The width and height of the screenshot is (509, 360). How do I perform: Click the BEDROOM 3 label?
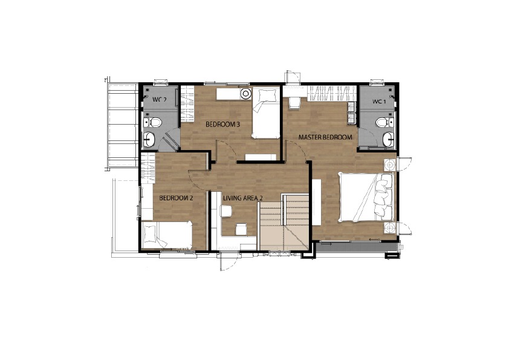(220, 124)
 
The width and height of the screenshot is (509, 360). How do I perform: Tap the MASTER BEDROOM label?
(325, 137)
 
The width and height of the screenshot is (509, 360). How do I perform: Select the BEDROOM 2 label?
(177, 198)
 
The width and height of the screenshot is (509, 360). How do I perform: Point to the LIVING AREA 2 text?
(243, 198)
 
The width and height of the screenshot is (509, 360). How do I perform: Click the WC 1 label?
(379, 102)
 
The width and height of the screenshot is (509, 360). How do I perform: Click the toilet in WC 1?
(384, 122)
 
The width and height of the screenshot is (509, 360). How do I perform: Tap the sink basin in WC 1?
(388, 140)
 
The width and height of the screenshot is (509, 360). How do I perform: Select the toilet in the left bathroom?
(153, 122)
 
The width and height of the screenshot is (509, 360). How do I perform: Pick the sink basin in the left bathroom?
(149, 140)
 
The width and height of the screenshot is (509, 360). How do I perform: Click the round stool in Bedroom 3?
(246, 94)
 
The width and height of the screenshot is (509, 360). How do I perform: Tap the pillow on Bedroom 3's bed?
(266, 96)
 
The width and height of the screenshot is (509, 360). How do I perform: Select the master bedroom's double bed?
(366, 197)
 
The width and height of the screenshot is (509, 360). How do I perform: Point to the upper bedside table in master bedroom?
(389, 165)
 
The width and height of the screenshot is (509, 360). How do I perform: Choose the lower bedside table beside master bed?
(389, 228)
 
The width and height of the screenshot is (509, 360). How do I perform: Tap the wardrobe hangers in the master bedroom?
(331, 93)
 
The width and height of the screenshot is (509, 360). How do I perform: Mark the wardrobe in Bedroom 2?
(148, 169)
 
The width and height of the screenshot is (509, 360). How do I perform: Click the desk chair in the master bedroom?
(295, 103)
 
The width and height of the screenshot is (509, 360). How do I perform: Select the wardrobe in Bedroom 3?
(187, 103)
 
